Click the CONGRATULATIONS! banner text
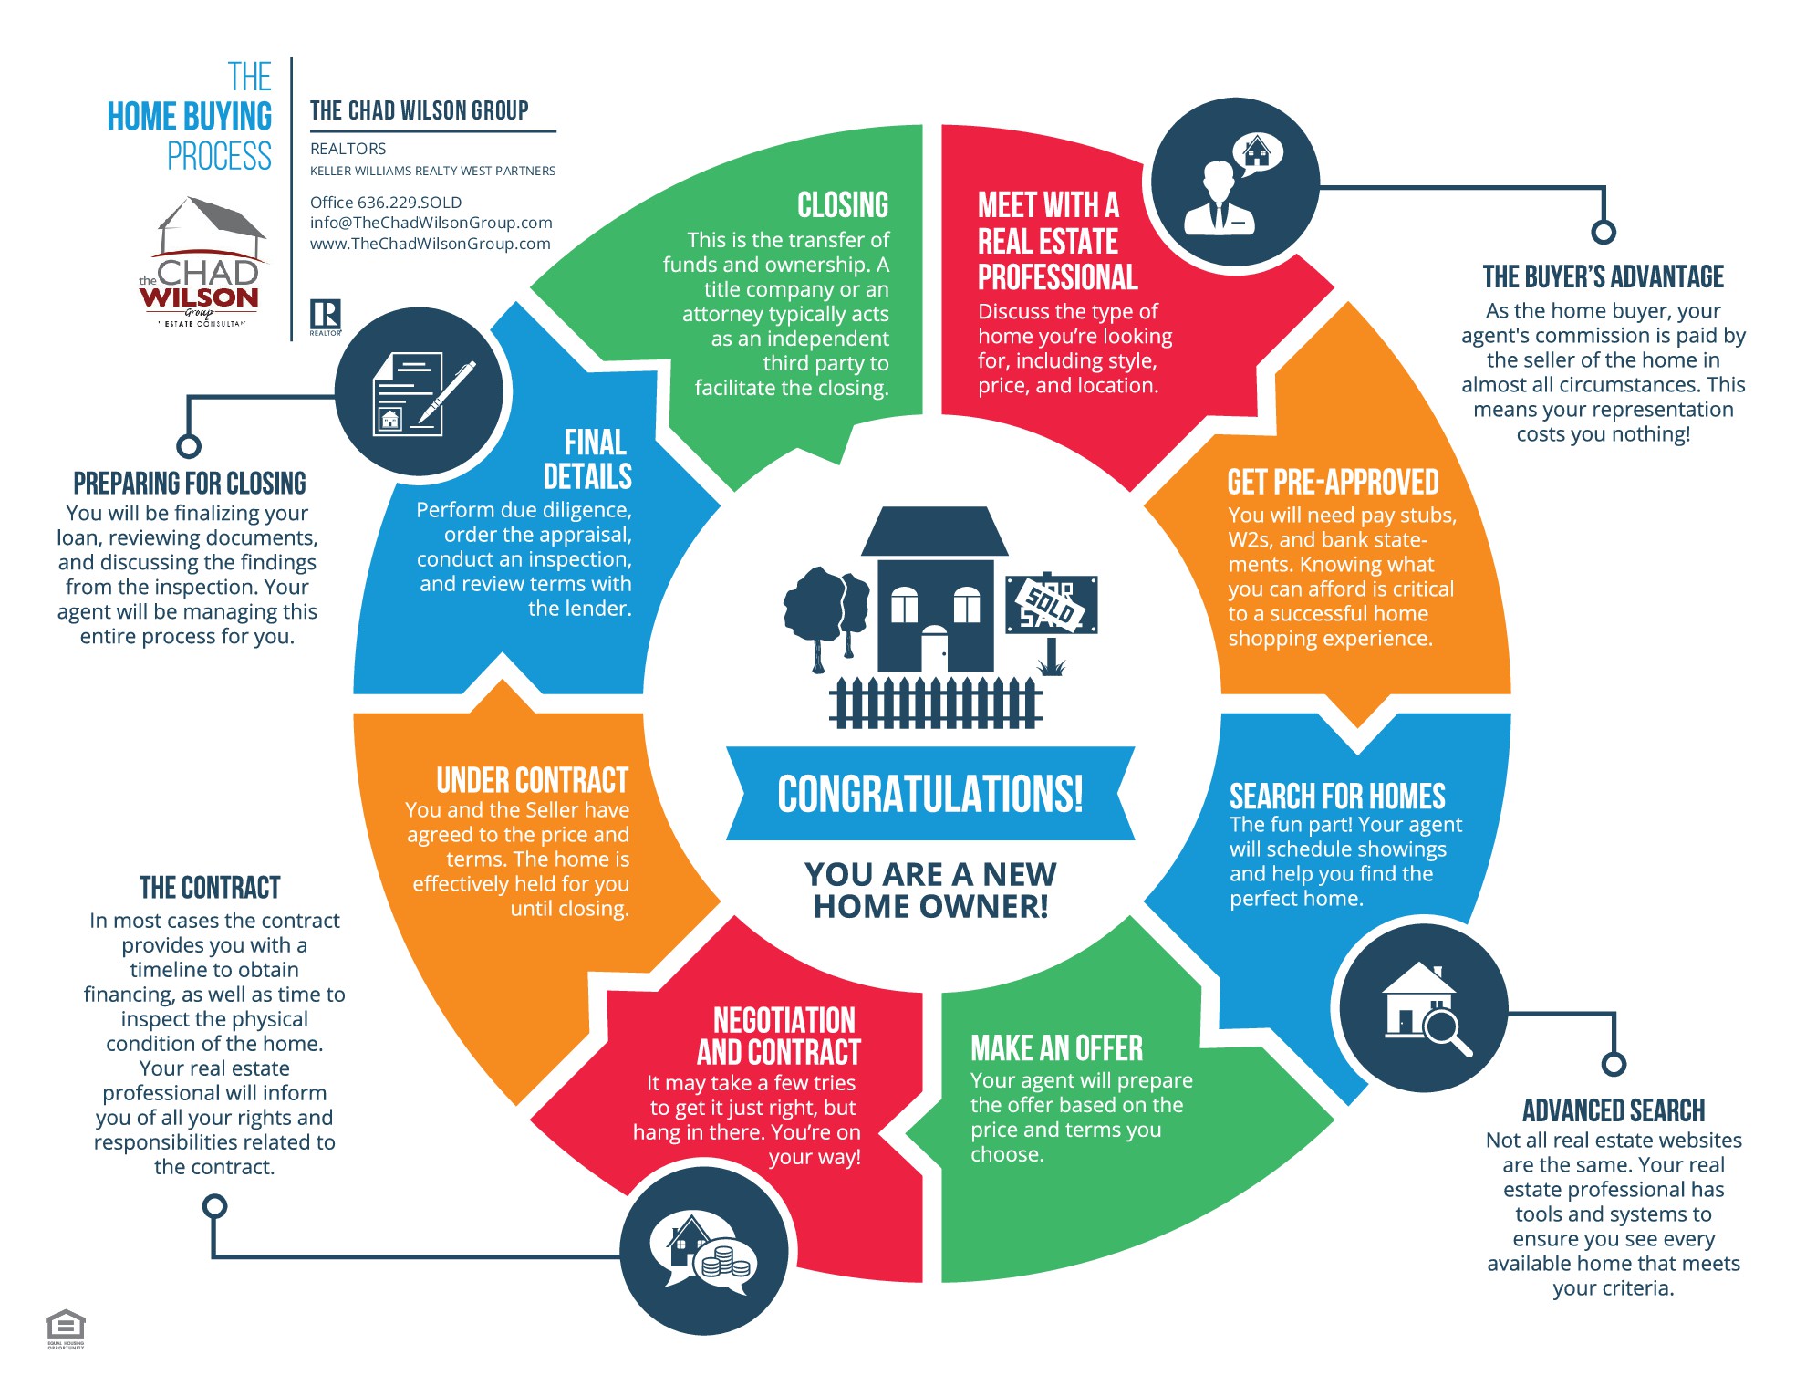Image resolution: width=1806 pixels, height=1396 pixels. pyautogui.click(x=930, y=794)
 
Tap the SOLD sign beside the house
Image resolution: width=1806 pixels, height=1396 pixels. pyautogui.click(x=1051, y=604)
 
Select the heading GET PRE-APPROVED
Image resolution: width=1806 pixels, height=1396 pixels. pyautogui.click(x=1333, y=482)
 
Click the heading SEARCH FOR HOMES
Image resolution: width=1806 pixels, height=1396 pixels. pyautogui.click(x=1337, y=797)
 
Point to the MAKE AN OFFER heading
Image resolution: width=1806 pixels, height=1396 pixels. pyautogui.click(x=1056, y=1048)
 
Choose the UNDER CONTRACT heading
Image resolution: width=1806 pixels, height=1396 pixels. pyautogui.click(x=533, y=780)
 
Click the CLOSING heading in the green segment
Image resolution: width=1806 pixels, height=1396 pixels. pyautogui.click(x=843, y=205)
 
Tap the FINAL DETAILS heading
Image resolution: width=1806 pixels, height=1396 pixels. pyautogui.click(x=588, y=460)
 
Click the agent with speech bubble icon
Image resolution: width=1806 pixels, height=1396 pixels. pyautogui.click(x=1235, y=182)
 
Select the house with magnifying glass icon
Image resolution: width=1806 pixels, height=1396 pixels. pyautogui.click(x=1423, y=1008)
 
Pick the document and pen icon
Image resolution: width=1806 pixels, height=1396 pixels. pyautogui.click(x=419, y=392)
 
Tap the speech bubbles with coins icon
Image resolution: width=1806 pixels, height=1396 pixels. pyautogui.click(x=703, y=1250)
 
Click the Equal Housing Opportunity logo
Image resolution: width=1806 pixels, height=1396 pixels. pyautogui.click(x=66, y=1328)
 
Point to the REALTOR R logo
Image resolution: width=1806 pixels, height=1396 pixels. pyautogui.click(x=326, y=317)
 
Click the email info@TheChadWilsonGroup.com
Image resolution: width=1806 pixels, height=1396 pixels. pyautogui.click(x=431, y=223)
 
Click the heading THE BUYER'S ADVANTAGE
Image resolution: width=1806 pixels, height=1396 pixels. pyautogui.click(x=1603, y=276)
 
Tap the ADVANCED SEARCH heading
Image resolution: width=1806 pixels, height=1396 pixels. pyautogui.click(x=1614, y=1110)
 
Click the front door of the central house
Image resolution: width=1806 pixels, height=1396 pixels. pyautogui.click(x=934, y=650)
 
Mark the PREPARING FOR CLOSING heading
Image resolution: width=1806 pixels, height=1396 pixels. pyautogui.click(x=190, y=483)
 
